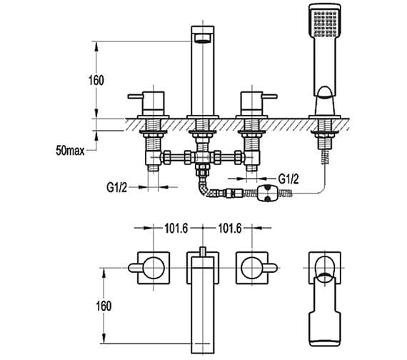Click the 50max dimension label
point(70,151)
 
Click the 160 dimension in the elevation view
point(96,80)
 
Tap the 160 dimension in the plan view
point(104,306)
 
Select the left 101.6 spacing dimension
point(176,229)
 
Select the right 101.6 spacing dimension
point(230,229)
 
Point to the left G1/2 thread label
point(117,187)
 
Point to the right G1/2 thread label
point(288,179)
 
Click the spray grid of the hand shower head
point(325,23)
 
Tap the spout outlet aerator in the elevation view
point(203,39)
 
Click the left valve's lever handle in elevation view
point(136,96)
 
